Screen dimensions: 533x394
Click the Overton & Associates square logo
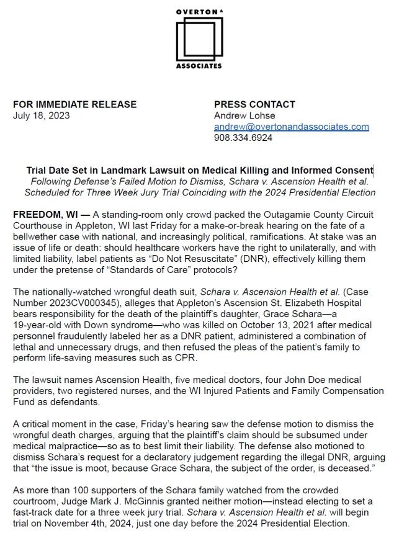[x=198, y=39]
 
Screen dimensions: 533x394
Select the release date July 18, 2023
[x=41, y=115]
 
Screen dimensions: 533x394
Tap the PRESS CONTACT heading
[x=254, y=104]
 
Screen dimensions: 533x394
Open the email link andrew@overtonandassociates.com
[x=291, y=127]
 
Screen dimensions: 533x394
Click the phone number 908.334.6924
[x=243, y=138]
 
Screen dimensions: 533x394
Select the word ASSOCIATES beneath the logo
[x=198, y=66]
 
